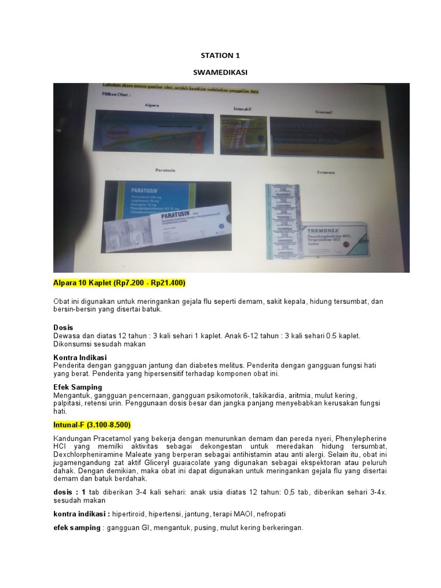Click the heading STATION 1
tap(220, 56)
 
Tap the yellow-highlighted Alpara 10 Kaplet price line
tap(119, 284)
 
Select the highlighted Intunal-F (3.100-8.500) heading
tap(92, 425)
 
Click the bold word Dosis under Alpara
tap(63, 327)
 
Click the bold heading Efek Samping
tap(78, 387)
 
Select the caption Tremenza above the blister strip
tap(325, 172)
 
